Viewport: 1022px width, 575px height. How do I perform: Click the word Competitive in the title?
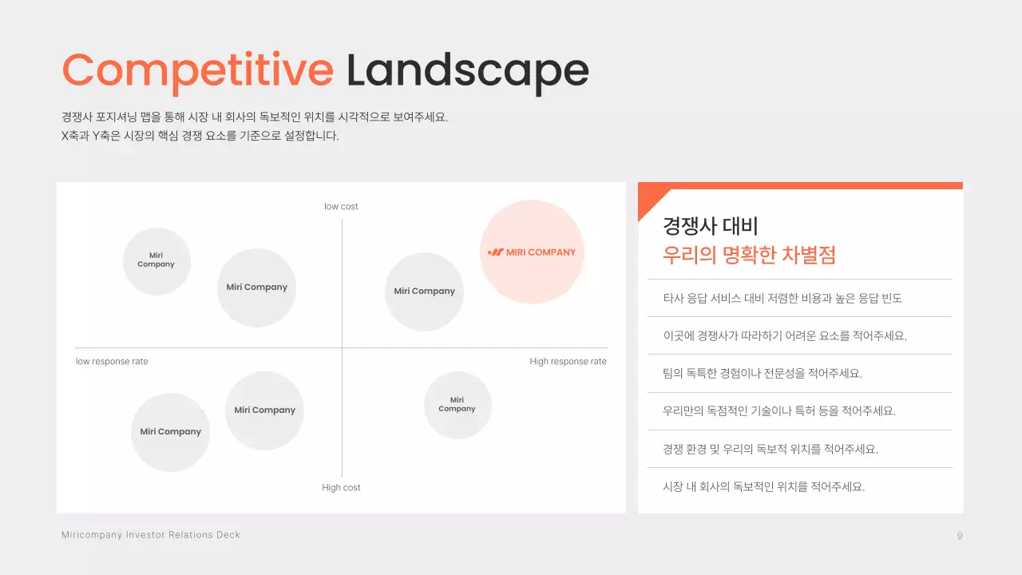pyautogui.click(x=197, y=70)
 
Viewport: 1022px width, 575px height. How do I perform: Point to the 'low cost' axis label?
pyautogui.click(x=341, y=207)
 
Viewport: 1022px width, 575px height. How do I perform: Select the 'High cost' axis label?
pyautogui.click(x=341, y=488)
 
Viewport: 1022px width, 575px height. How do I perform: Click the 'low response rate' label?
pyautogui.click(x=112, y=362)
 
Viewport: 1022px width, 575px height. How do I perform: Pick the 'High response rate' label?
pyautogui.click(x=568, y=362)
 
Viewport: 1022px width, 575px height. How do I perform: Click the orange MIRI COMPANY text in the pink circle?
pyautogui.click(x=541, y=252)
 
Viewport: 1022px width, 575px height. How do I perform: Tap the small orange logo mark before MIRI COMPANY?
pyautogui.click(x=495, y=252)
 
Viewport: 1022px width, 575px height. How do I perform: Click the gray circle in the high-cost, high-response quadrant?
pyautogui.click(x=458, y=405)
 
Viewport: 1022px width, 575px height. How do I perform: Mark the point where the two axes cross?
pyautogui.click(x=342, y=348)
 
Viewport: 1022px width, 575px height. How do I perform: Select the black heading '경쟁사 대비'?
pyautogui.click(x=710, y=226)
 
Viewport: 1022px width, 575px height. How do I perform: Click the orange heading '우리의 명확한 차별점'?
pyautogui.click(x=749, y=256)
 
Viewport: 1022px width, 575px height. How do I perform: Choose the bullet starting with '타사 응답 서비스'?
pyautogui.click(x=782, y=299)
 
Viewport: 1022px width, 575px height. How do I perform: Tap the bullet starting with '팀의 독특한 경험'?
pyautogui.click(x=763, y=374)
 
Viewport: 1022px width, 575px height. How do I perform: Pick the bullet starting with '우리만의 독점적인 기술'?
pyautogui.click(x=779, y=411)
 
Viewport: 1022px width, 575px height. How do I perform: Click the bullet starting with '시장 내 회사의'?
pyautogui.click(x=764, y=486)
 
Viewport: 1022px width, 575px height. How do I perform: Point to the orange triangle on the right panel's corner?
pyautogui.click(x=648, y=200)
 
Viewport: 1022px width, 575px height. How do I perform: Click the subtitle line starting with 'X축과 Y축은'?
pyautogui.click(x=200, y=136)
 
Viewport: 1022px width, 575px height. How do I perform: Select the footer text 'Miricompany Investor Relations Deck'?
pyautogui.click(x=151, y=535)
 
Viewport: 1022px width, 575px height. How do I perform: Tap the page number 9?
pyautogui.click(x=960, y=536)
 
